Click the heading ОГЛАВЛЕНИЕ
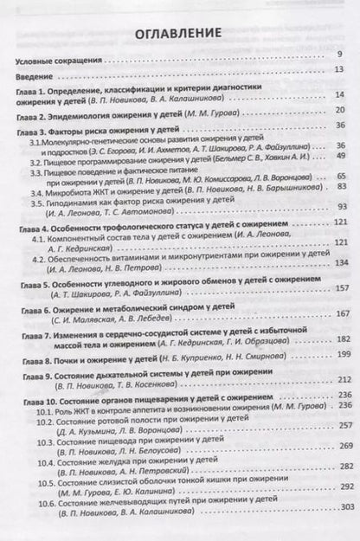click(x=179, y=35)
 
